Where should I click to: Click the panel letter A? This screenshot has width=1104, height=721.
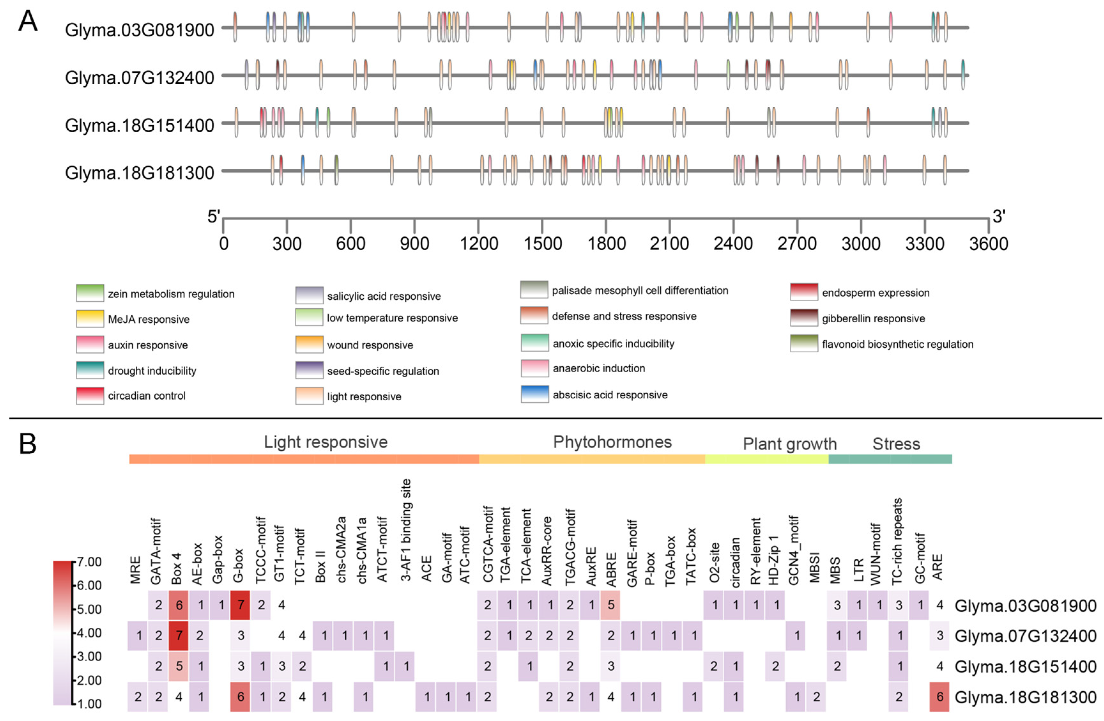pyautogui.click(x=28, y=22)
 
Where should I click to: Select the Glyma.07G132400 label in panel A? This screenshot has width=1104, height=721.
pyautogui.click(x=139, y=78)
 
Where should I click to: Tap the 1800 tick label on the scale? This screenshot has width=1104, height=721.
pyautogui.click(x=606, y=243)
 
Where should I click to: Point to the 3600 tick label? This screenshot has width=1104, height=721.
pyautogui.click(x=988, y=243)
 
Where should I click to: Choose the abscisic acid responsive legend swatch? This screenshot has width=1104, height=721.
pyautogui.click(x=535, y=395)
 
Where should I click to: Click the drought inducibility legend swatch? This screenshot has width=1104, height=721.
pyautogui.click(x=90, y=370)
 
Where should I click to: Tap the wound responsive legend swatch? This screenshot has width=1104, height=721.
pyautogui.click(x=309, y=345)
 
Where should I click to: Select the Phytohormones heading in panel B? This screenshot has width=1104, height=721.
pyautogui.click(x=612, y=442)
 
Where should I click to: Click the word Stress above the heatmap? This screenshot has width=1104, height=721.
pyautogui.click(x=896, y=444)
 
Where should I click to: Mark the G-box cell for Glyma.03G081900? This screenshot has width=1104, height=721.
pyautogui.click(x=240, y=605)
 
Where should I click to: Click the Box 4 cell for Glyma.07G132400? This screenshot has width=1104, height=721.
pyautogui.click(x=179, y=635)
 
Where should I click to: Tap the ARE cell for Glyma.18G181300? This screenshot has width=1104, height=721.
pyautogui.click(x=939, y=696)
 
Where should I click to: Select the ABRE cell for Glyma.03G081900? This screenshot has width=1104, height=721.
pyautogui.click(x=611, y=605)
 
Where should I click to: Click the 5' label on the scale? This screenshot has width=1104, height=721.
pyautogui.click(x=213, y=216)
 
